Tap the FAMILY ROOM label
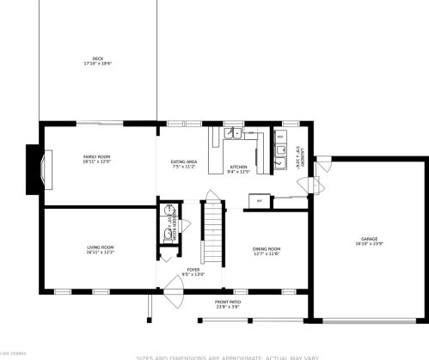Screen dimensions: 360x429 96,156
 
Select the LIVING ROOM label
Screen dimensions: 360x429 101,247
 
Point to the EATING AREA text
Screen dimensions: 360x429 184,162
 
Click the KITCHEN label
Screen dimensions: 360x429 238,166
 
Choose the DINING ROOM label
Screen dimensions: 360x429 267,248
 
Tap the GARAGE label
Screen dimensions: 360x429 370,238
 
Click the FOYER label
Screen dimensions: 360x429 194,270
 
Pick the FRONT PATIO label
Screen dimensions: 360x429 228,302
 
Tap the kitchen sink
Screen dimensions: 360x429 232,133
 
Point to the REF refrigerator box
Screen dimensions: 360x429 258,200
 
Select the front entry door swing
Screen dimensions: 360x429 171,290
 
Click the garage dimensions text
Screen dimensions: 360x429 370,244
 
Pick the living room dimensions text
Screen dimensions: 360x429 101,253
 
